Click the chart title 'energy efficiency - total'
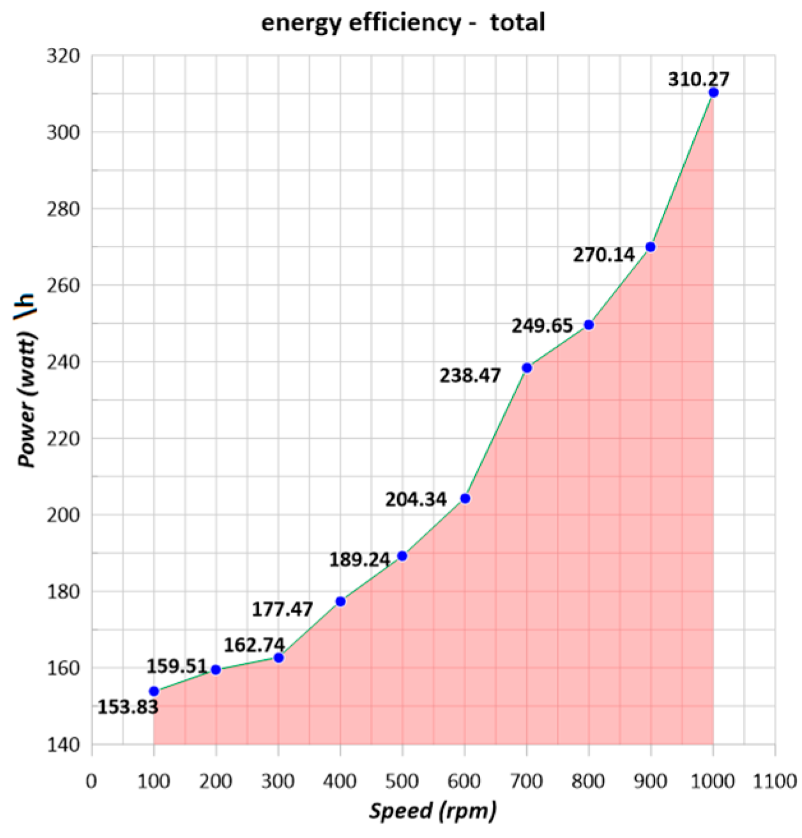[403, 23]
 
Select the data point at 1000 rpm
[713, 93]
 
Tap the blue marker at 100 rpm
[154, 691]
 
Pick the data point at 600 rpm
[465, 498]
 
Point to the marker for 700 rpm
[527, 368]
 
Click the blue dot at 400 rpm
[340, 601]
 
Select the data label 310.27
[699, 79]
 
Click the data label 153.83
[128, 707]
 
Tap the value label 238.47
[470, 376]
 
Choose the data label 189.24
[359, 560]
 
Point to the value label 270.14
[603, 255]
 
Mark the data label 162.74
[253, 645]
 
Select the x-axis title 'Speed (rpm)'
[433, 811]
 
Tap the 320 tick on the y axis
[64, 56]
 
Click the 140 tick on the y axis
[64, 744]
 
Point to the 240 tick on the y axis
[64, 362]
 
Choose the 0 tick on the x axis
[92, 781]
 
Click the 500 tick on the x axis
[402, 781]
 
